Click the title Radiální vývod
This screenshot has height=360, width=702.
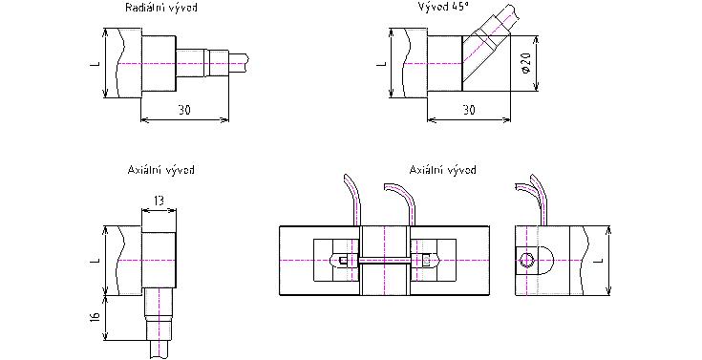(160, 8)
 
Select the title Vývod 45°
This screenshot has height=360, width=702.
(443, 8)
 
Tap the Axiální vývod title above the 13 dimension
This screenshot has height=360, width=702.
(160, 170)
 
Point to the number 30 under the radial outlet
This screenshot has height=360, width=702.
(184, 110)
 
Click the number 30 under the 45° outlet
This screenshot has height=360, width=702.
(469, 110)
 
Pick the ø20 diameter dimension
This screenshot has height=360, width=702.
(526, 64)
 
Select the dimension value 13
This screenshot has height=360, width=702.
(159, 201)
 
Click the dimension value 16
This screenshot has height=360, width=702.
(95, 317)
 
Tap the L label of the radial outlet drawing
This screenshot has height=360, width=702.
(95, 64)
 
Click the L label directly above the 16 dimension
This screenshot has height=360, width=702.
(95, 260)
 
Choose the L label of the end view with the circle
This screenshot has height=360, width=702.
(600, 260)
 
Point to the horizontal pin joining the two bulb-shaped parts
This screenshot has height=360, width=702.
(385, 260)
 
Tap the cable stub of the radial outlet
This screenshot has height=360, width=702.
(239, 64)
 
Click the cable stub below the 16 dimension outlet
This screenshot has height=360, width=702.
(160, 349)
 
